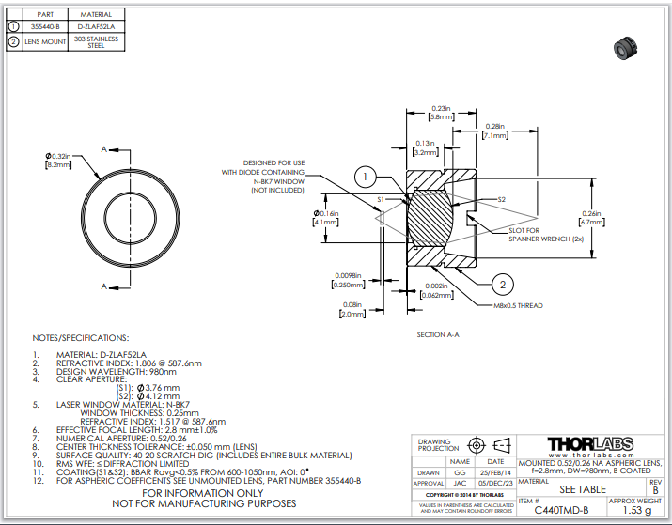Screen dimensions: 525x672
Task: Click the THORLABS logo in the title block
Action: (589, 444)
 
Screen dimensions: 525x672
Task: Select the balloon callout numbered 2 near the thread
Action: (503, 285)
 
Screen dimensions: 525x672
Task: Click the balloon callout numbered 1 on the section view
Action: (367, 176)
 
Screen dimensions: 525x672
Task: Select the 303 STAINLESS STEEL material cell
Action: (96, 42)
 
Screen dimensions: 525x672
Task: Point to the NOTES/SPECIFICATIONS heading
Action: (80, 337)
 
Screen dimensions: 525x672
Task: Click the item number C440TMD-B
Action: (561, 510)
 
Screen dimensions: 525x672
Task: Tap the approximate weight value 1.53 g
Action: (636, 510)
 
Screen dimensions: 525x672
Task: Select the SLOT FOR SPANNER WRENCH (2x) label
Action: (539, 234)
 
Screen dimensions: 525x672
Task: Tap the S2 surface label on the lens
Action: (501, 200)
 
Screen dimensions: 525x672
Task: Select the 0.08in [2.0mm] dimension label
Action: (353, 310)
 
